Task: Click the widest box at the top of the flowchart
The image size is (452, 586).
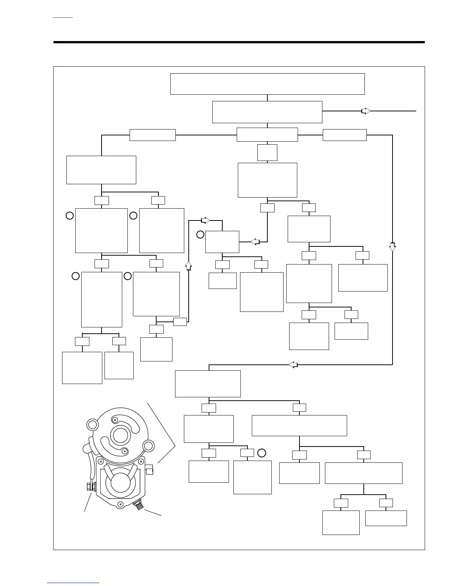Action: tap(267, 84)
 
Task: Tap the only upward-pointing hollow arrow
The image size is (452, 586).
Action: tap(188, 265)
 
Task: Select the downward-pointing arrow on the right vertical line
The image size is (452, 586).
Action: tap(392, 247)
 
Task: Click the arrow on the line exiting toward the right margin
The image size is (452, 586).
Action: tap(366, 111)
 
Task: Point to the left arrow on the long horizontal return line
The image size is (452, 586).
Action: tap(293, 365)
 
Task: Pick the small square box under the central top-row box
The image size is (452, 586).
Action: tap(267, 152)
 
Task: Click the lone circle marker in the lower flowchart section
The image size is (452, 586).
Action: tap(261, 452)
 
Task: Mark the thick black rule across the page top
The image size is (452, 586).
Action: tap(239, 42)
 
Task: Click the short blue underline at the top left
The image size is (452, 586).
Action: tap(63, 17)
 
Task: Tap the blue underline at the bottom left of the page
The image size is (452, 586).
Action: tap(73, 583)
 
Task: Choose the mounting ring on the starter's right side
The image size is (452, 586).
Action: tap(148, 445)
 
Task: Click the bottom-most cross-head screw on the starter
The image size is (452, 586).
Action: tap(120, 504)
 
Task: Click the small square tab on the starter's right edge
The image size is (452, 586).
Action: tap(150, 471)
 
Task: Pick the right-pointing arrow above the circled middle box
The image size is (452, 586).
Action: tap(205, 220)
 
